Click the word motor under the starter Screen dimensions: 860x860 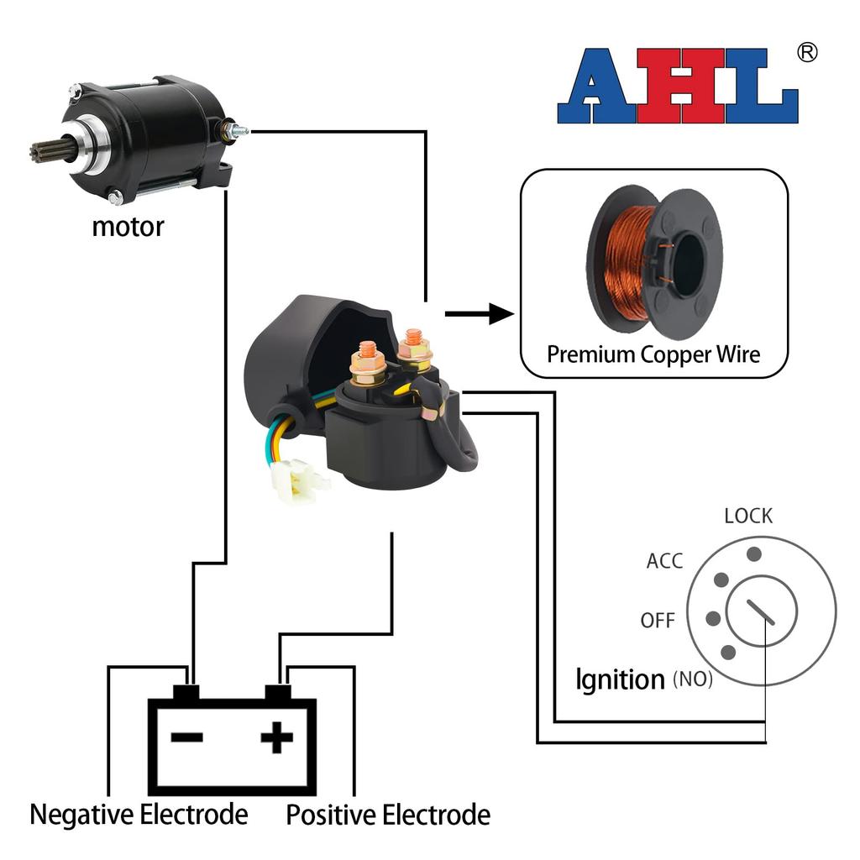click(x=128, y=226)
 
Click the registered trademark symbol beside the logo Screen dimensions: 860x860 click(x=806, y=53)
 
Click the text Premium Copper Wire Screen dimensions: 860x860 click(x=653, y=354)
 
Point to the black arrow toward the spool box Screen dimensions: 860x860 click(x=479, y=315)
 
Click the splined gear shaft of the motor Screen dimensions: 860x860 click(x=44, y=153)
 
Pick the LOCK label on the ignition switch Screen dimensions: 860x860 click(x=747, y=516)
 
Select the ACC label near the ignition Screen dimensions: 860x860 click(x=664, y=561)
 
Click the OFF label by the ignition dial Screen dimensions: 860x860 click(x=658, y=621)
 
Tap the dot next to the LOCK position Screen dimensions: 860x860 click(x=754, y=553)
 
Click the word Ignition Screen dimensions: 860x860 click(x=620, y=679)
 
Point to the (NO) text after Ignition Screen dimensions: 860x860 click(x=692, y=679)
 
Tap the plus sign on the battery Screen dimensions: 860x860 click(x=277, y=738)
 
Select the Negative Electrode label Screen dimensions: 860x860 click(x=139, y=814)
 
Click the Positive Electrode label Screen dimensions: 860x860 click(x=388, y=814)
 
